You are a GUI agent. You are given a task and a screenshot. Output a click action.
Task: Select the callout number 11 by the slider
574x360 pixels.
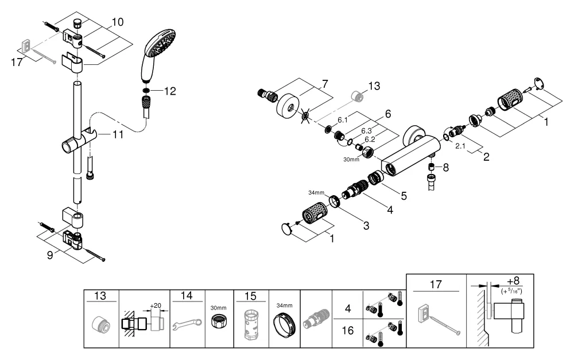(118, 135)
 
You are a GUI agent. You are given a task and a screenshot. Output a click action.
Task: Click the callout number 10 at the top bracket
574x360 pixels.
(117, 22)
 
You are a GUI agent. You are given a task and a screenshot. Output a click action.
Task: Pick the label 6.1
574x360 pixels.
(343, 120)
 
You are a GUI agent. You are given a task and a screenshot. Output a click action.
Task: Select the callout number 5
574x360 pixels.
(404, 196)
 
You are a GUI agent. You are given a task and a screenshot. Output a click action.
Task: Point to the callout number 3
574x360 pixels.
(365, 226)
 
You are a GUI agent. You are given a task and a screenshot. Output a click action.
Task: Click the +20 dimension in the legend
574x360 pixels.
(156, 305)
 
